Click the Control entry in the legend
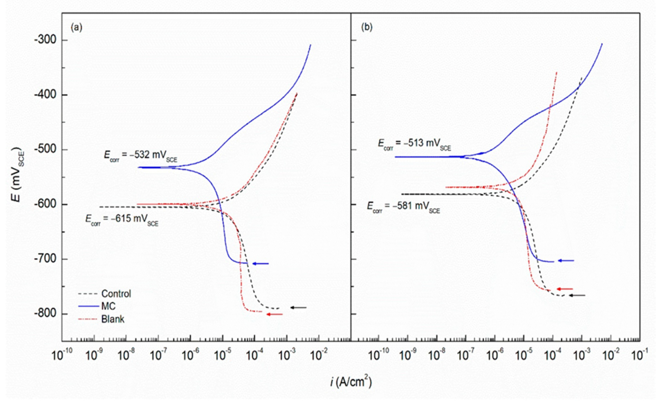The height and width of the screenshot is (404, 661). [116, 294]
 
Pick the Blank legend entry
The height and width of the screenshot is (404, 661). [113, 319]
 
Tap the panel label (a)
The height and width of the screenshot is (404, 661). [76, 28]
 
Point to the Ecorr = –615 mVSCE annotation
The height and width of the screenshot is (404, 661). [122, 220]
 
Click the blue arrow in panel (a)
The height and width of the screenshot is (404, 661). [261, 264]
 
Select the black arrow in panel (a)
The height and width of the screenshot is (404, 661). [298, 308]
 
